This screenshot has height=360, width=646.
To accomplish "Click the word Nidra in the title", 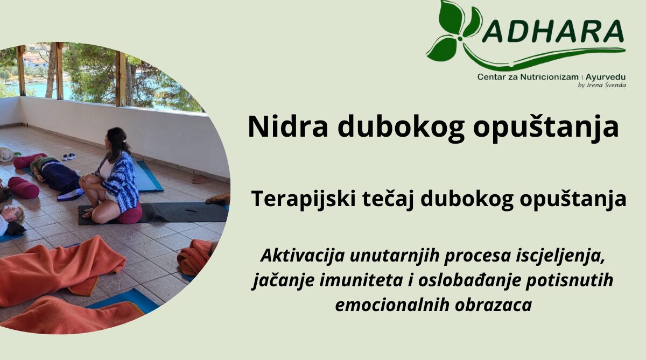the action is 288,127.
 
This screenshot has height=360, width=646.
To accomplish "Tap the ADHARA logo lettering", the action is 552,31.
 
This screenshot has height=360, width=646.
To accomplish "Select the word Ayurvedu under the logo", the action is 605,77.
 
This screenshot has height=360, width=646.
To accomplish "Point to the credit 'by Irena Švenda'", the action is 602,85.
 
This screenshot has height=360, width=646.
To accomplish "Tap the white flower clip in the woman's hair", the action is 124,140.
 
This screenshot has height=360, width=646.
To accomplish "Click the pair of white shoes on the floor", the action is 69,157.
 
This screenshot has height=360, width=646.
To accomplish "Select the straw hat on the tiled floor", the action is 6,155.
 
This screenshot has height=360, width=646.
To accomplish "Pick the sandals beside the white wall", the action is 201,179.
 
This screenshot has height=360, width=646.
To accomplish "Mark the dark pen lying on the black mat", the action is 192,211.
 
